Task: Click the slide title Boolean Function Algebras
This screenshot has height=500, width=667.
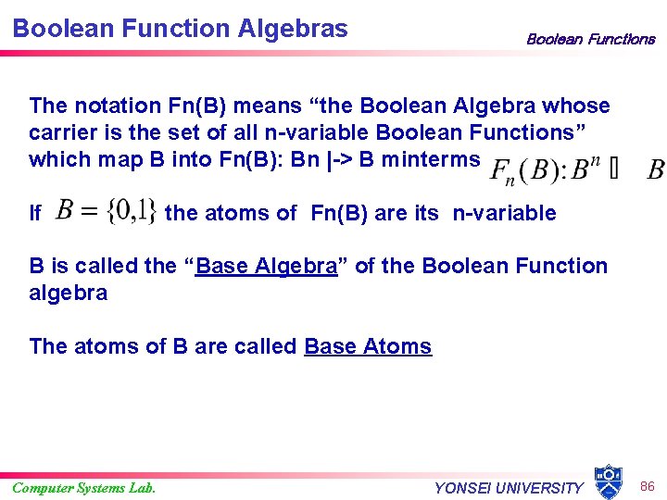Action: [x=181, y=28]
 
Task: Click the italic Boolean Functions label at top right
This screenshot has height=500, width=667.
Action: [x=590, y=39]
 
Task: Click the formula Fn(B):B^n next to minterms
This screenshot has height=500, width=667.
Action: [x=546, y=170]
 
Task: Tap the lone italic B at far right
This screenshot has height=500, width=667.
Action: [x=655, y=170]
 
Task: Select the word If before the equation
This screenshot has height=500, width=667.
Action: [x=35, y=214]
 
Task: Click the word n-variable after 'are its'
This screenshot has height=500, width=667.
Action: [x=504, y=213]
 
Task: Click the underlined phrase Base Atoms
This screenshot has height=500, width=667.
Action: [x=368, y=346]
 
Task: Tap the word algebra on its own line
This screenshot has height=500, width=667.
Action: [x=69, y=293]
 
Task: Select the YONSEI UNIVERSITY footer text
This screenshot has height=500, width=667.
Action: [x=509, y=488]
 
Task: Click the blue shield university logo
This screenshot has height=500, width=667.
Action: [x=608, y=481]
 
